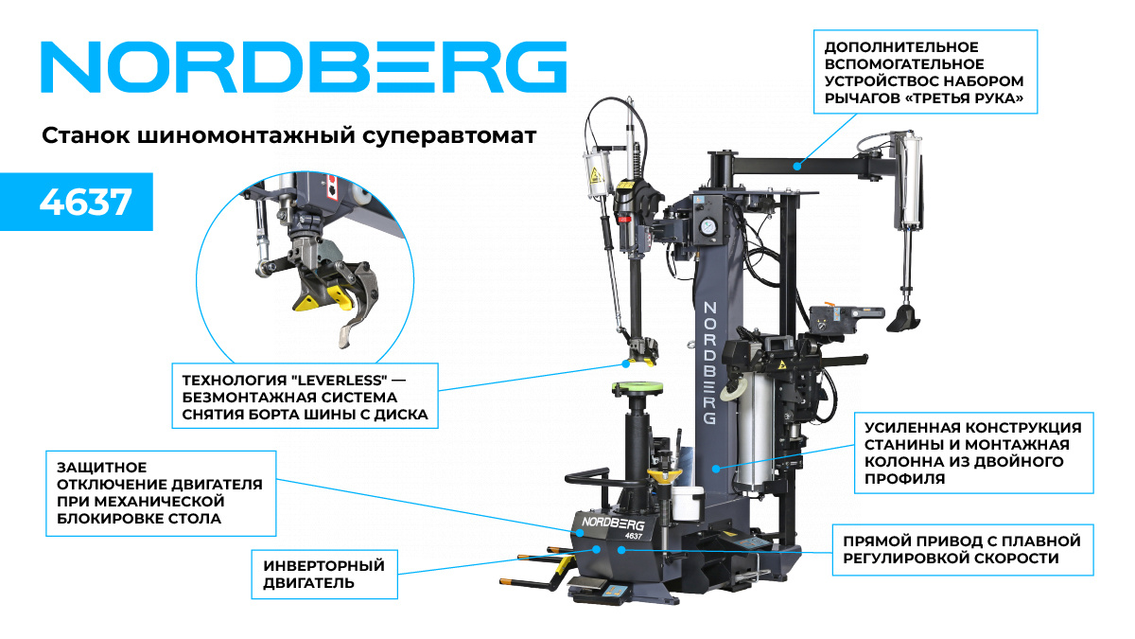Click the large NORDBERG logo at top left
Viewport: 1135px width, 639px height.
(x=304, y=66)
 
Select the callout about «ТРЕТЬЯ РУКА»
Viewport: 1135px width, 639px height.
(x=926, y=72)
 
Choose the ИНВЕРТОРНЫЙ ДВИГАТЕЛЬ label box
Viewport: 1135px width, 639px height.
(x=324, y=574)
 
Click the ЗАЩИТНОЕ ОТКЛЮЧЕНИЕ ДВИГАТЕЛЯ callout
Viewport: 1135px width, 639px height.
(x=160, y=493)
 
